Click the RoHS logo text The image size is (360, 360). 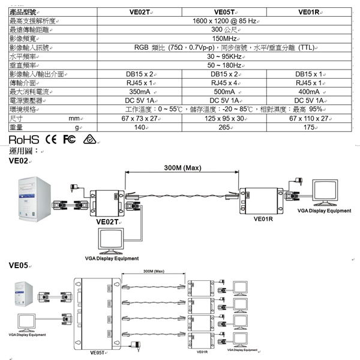23,139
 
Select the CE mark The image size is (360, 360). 52,139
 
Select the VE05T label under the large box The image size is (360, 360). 98,353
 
